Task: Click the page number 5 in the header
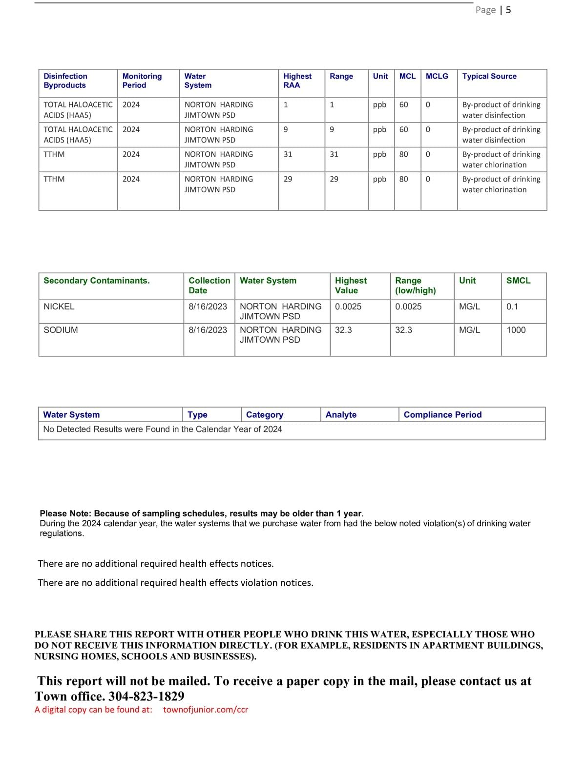(508, 10)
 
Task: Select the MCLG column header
(437, 76)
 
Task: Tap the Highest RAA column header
(297, 81)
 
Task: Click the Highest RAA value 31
(288, 154)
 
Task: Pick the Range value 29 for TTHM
(334, 179)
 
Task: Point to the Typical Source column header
(489, 76)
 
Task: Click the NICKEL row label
(59, 307)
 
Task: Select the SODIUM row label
(61, 330)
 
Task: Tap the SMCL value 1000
(516, 330)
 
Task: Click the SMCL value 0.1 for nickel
(512, 307)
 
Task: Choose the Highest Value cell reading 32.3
(343, 330)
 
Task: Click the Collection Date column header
(209, 285)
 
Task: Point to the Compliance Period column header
(442, 414)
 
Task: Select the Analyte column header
(341, 414)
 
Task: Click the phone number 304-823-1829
(146, 696)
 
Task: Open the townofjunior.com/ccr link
(206, 710)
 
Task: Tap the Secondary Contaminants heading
(97, 281)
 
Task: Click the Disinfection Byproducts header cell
(65, 81)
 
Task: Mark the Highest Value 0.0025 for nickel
(348, 307)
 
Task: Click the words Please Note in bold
(65, 513)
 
